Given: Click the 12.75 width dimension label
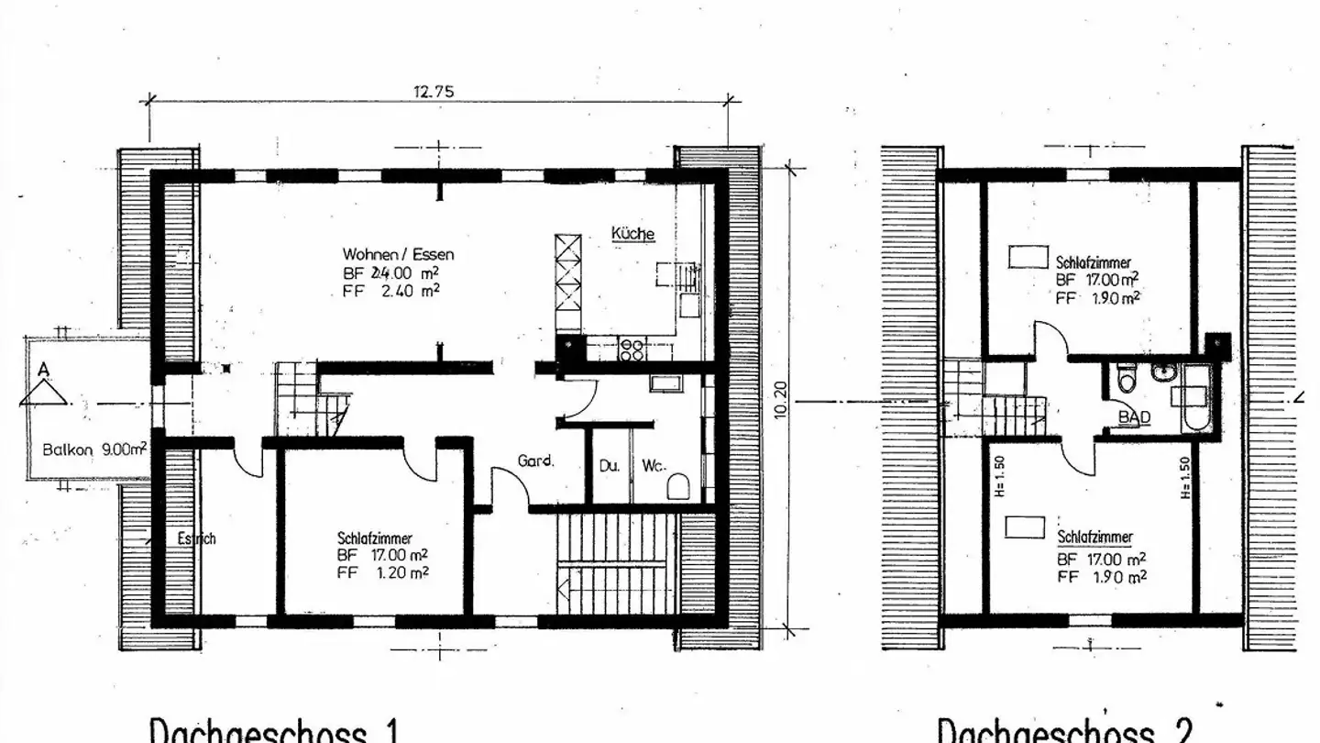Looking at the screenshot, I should [434, 91].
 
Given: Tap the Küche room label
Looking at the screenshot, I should [632, 234].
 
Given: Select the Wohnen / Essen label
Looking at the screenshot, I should [398, 254].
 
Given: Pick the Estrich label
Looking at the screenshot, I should [196, 539].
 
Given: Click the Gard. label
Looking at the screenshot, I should [536, 461].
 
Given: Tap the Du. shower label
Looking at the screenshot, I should [610, 466].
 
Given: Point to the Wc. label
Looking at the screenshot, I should [653, 466].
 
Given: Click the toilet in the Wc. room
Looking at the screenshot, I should [678, 485].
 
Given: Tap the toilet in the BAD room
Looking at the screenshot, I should [1127, 378].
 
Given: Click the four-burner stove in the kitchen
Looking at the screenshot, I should [632, 348].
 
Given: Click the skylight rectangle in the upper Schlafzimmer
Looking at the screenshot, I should [1028, 257].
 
